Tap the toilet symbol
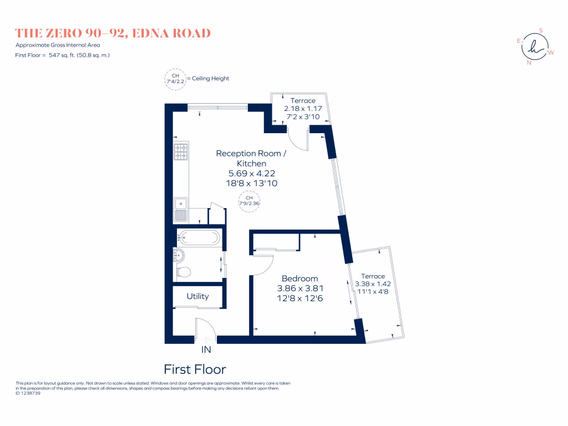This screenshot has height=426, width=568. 184,272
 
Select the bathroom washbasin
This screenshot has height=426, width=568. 179,255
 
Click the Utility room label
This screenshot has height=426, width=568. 197,296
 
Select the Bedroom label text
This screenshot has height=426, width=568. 300,278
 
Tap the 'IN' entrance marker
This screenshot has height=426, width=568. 206,350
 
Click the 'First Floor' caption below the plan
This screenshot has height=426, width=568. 195,369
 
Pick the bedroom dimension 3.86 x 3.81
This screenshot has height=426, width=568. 300,288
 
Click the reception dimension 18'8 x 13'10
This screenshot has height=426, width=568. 251,184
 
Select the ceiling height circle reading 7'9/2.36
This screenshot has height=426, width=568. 249,200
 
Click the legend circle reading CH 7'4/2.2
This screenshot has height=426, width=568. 175,78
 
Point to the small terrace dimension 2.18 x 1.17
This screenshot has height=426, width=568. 303,109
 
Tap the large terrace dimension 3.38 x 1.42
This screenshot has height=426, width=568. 373,285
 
